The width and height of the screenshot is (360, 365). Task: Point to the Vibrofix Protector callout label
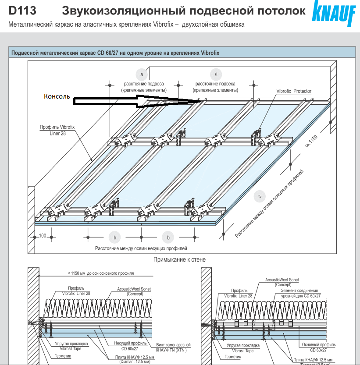(294, 91)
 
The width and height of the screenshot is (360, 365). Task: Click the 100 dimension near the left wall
(43, 236)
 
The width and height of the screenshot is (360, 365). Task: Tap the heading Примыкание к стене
(179, 260)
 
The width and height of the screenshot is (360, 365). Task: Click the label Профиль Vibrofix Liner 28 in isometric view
(57, 130)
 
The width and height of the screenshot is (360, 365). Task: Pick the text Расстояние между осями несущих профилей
(141, 248)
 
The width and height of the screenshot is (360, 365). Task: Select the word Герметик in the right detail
(232, 357)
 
